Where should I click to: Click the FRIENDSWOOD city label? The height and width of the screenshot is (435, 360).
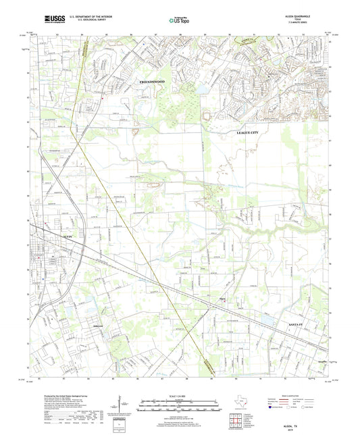(151, 81)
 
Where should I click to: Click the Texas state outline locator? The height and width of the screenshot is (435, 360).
(238, 404)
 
